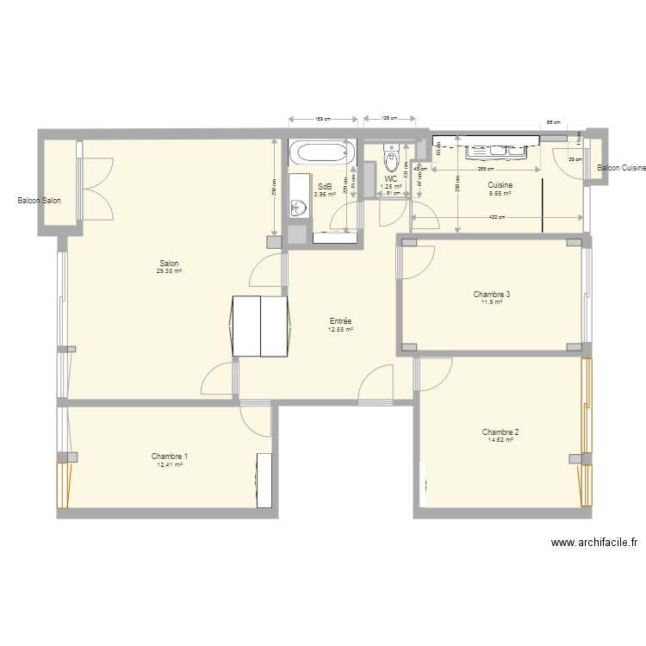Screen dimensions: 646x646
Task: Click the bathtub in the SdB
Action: (322, 154)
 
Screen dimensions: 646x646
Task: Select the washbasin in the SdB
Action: (298, 207)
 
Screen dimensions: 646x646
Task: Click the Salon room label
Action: (169, 264)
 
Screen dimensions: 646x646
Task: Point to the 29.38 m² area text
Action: (169, 271)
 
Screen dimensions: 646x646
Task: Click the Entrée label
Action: (340, 320)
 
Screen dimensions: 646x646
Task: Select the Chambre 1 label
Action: (170, 457)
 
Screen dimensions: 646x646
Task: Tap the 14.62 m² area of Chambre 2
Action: (500, 440)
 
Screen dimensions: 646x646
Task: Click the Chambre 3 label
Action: (492, 295)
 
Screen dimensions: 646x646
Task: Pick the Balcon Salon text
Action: (39, 202)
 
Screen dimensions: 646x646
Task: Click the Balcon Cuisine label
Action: (621, 168)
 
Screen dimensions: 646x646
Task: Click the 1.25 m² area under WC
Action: (392, 186)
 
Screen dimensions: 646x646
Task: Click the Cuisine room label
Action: (500, 185)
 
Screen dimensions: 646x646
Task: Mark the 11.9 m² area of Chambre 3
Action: (492, 302)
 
